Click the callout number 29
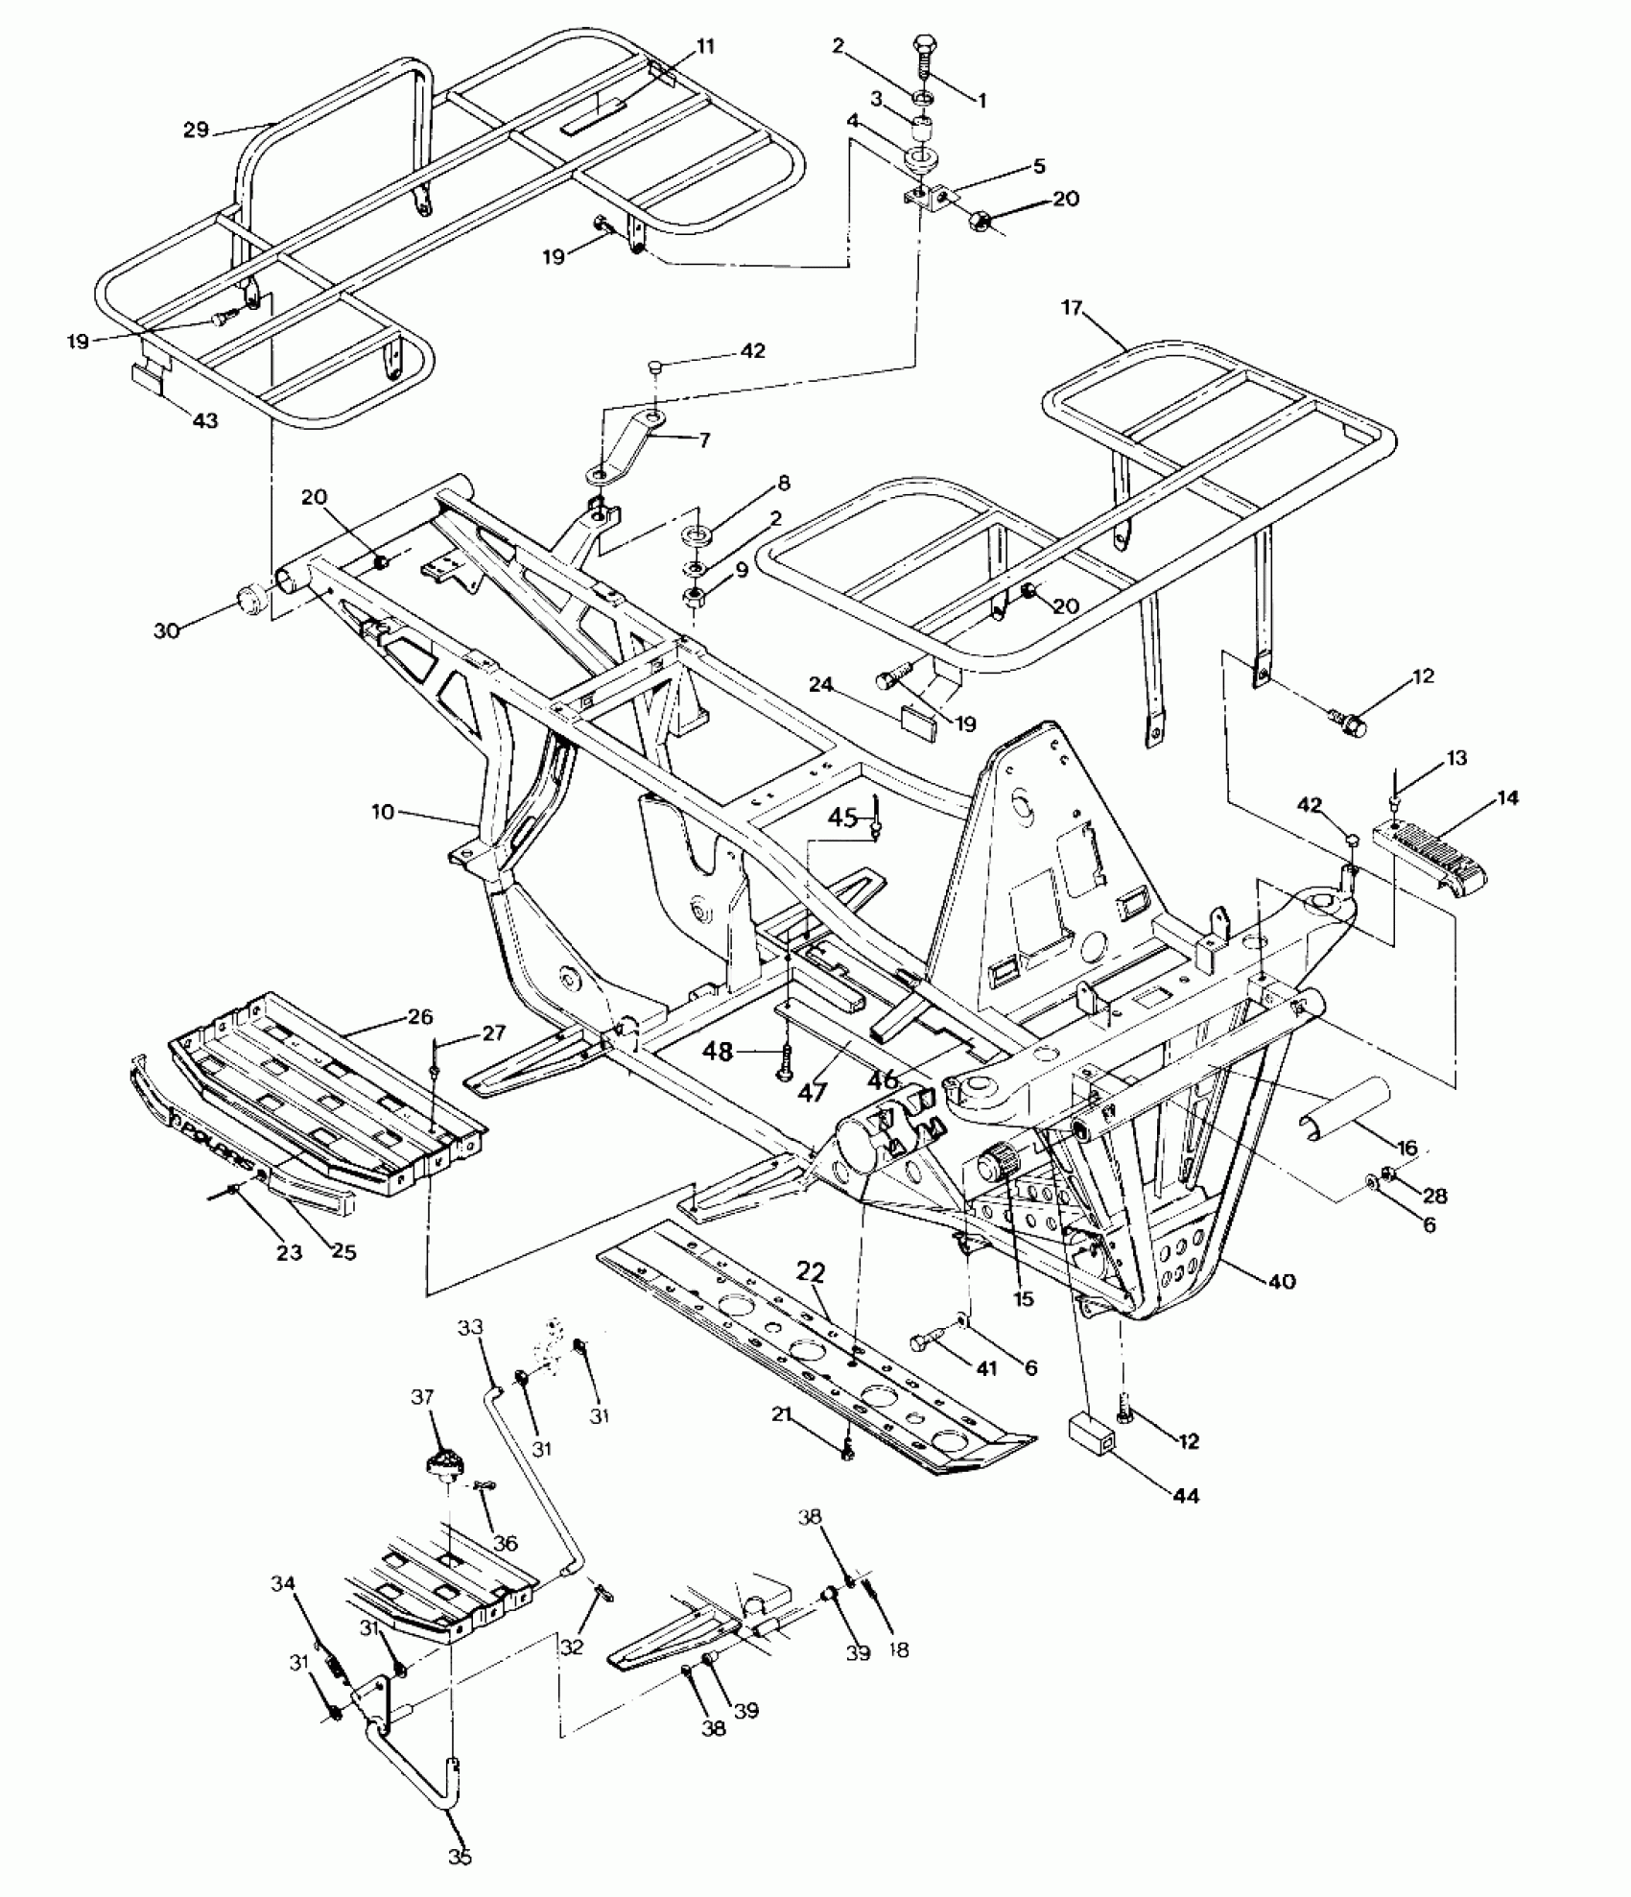point(196,129)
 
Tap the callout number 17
point(1072,308)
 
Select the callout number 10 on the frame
point(383,812)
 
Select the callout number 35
point(460,1857)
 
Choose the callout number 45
point(842,817)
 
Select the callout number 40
point(1282,1281)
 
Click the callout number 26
point(419,1017)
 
